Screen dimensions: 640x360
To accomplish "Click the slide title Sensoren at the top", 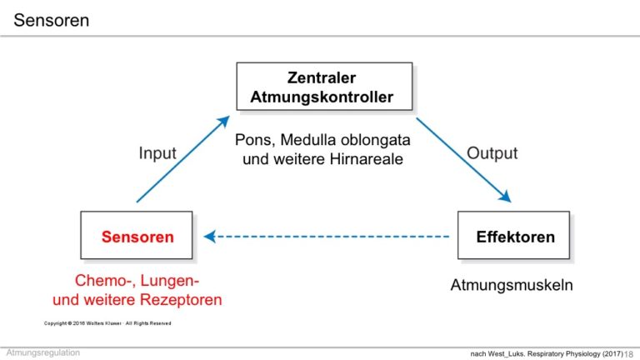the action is point(52,20).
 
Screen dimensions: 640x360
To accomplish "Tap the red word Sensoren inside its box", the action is point(137,237).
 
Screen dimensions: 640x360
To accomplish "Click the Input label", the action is point(157,153).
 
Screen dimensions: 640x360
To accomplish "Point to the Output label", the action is point(492,153).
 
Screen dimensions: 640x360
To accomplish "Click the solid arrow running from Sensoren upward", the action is point(183,159).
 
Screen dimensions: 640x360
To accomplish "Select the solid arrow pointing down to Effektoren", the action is point(463,160).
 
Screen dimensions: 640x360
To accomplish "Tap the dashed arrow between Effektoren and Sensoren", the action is point(326,237).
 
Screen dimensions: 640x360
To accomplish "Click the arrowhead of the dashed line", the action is point(209,237).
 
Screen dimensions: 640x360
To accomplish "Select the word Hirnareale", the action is point(366,159).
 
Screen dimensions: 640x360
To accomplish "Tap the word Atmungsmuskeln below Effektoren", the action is point(512,285).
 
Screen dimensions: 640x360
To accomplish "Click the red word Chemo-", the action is point(105,281).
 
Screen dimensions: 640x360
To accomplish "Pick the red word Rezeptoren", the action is point(180,300).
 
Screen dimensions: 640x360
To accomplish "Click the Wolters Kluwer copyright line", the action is point(107,323).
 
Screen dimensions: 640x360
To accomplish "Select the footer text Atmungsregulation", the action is point(42,352).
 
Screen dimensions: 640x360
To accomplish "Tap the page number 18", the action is point(628,354).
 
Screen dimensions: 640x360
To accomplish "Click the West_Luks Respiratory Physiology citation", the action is point(547,353).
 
